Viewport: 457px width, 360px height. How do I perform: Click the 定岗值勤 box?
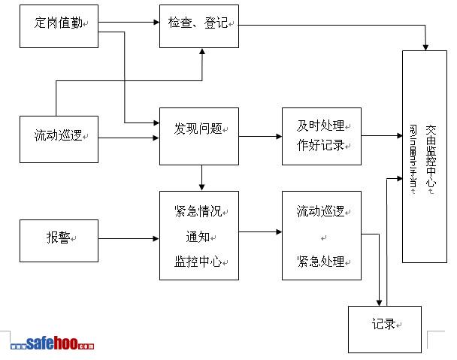click(59, 26)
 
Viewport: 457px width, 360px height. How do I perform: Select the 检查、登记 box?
click(198, 26)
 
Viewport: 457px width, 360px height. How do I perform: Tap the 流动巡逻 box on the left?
click(59, 137)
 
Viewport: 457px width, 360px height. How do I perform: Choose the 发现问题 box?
click(198, 135)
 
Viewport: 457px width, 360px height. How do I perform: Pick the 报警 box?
click(59, 240)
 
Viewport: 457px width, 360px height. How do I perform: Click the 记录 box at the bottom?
click(386, 328)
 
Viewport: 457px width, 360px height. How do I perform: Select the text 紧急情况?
click(198, 212)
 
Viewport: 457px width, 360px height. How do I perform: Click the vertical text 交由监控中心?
click(431, 158)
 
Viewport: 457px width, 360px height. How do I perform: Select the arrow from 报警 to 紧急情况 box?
click(129, 240)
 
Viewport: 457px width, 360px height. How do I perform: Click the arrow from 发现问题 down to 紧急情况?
click(201, 177)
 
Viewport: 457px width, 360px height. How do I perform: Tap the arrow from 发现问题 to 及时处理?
click(260, 136)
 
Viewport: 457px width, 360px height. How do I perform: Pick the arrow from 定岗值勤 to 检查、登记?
click(129, 20)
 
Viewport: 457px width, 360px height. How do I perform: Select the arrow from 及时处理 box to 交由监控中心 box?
click(381, 136)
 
